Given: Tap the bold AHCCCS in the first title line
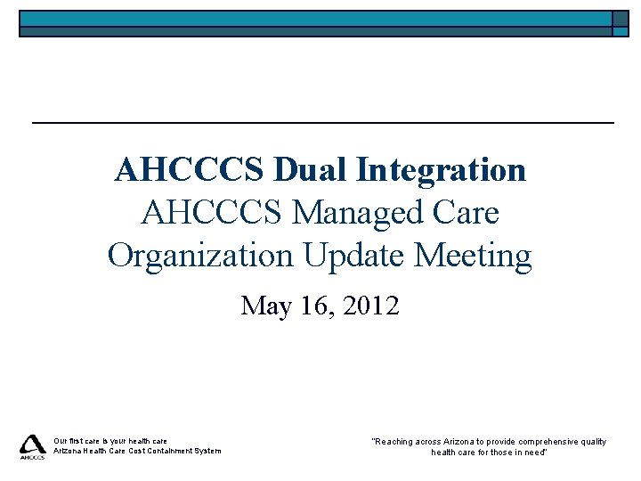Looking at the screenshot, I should [189, 169].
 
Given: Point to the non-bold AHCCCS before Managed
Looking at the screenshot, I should [212, 213].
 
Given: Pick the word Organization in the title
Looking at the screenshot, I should [200, 256].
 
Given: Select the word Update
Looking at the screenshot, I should [345, 256].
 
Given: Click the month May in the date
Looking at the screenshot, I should [265, 306].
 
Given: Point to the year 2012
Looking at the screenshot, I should [369, 306].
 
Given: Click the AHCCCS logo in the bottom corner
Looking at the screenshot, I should [33, 446].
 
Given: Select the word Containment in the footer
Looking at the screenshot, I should [167, 451].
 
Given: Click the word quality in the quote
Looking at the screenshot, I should [591, 441].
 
